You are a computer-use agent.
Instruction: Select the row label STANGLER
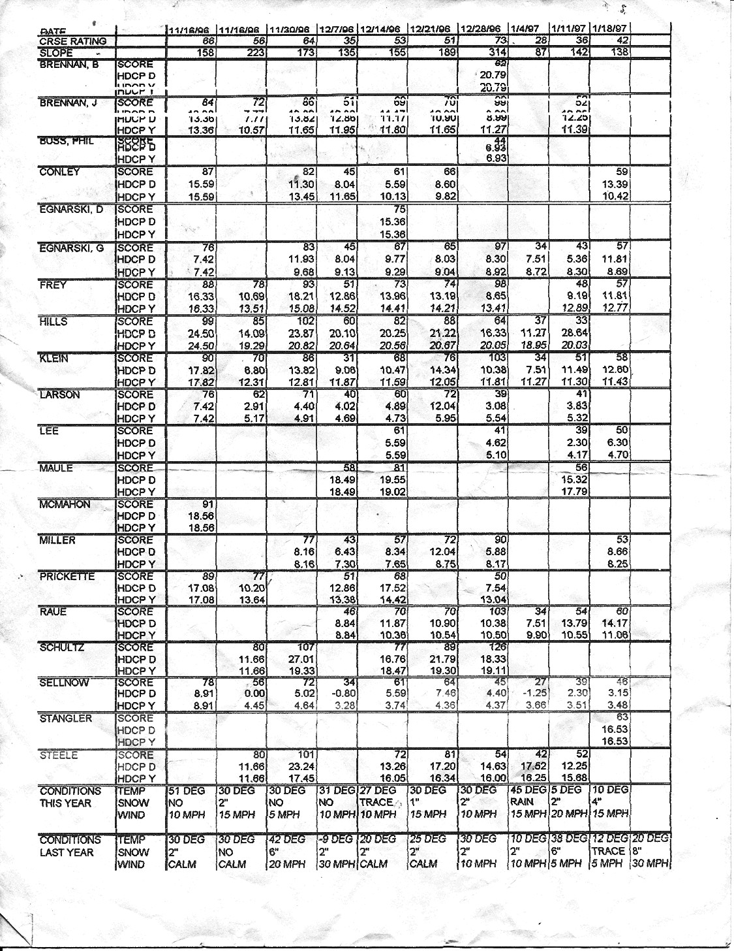(66, 718)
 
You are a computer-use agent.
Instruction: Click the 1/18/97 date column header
(609, 29)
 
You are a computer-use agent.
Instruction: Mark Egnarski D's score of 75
(399, 209)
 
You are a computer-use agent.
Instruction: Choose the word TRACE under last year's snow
(607, 852)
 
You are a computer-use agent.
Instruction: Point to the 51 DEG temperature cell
(186, 790)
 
